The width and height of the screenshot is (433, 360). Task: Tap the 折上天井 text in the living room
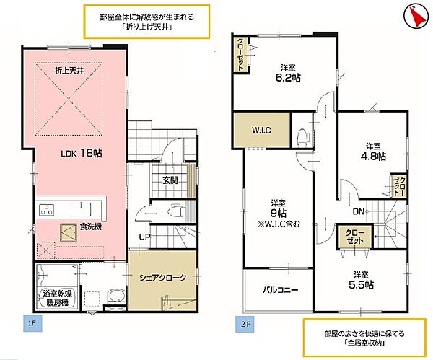click(x=70, y=71)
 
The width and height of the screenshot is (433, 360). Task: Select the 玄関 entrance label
click(x=170, y=180)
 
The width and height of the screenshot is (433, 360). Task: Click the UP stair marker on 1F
click(x=144, y=237)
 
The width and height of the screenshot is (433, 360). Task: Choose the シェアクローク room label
click(x=162, y=278)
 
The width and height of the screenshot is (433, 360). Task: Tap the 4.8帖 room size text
click(x=374, y=155)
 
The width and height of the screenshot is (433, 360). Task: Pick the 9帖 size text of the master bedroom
click(x=279, y=214)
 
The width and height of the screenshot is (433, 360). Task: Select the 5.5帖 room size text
click(x=363, y=284)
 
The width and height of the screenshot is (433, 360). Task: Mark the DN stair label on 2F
click(x=358, y=212)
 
